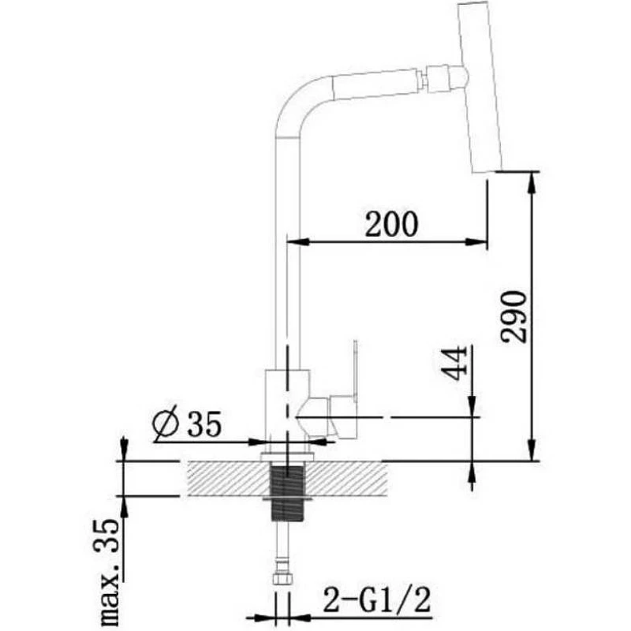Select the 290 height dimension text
(513, 318)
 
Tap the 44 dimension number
(455, 363)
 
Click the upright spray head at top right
(481, 87)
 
